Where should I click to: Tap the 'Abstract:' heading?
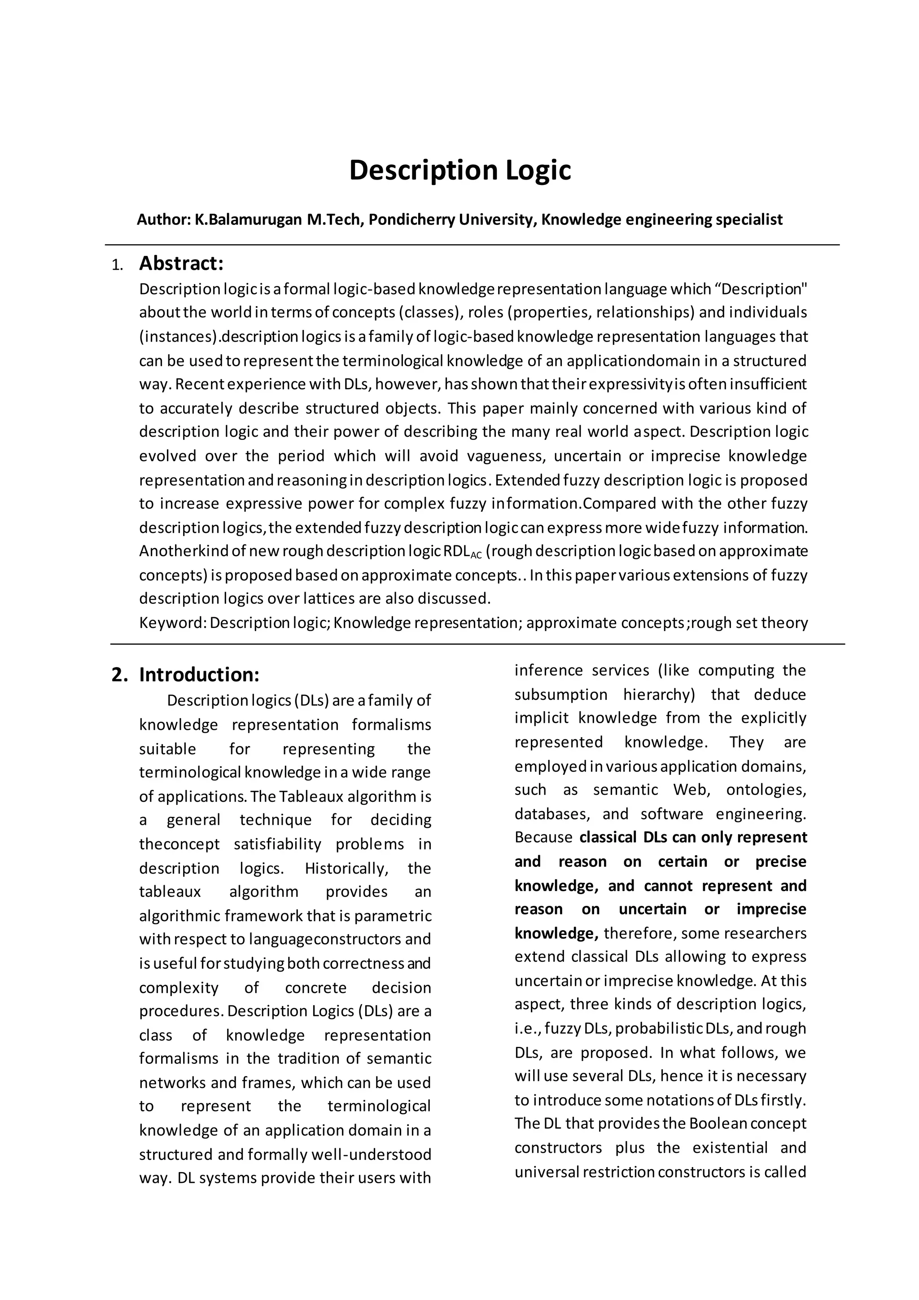(x=181, y=264)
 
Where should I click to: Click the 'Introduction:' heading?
(x=199, y=674)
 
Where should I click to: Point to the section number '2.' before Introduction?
(x=119, y=675)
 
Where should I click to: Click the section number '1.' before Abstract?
(x=117, y=265)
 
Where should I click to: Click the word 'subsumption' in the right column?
(x=561, y=695)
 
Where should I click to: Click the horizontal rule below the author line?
(x=472, y=245)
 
